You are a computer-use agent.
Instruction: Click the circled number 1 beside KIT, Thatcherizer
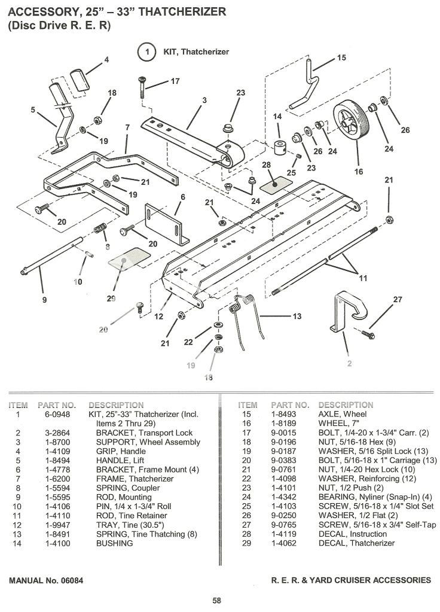coord(146,52)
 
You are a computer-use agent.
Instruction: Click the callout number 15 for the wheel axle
coord(341,58)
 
